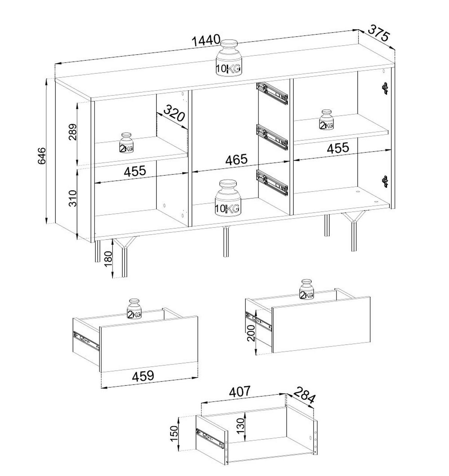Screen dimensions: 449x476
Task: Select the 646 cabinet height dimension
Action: pos(42,156)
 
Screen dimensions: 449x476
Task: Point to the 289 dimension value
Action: pos(72,132)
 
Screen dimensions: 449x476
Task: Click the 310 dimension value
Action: pos(72,198)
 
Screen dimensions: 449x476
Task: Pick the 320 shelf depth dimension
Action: pos(174,113)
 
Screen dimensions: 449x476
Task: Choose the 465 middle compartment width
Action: pos(236,159)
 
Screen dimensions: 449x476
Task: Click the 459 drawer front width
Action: pos(143,376)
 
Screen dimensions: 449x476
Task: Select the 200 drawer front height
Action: pos(251,333)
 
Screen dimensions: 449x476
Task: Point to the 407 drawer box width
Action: pos(239,392)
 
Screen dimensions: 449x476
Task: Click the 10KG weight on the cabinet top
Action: pos(229,58)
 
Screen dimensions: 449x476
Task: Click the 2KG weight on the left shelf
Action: pos(126,143)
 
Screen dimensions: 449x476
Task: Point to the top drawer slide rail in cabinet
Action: pos(272,93)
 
